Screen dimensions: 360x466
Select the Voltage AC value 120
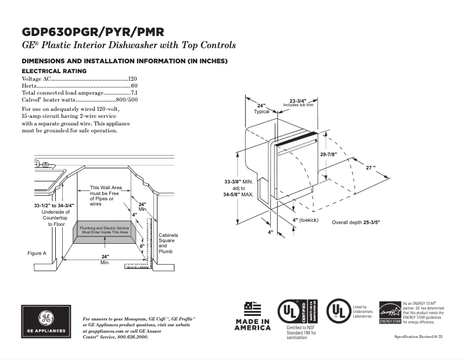(x=132, y=78)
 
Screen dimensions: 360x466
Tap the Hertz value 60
(x=134, y=85)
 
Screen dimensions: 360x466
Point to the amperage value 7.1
(x=134, y=93)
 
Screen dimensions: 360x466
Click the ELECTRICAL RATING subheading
(x=54, y=71)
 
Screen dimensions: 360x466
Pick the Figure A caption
(x=37, y=253)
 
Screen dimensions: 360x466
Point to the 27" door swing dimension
(x=370, y=167)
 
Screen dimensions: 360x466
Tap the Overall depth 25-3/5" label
(x=356, y=222)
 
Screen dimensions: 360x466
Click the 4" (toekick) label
(x=306, y=220)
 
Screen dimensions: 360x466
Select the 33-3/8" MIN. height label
(x=239, y=182)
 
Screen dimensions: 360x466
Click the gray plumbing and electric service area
(x=103, y=231)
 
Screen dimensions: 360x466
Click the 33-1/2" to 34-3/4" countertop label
(x=52, y=206)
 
